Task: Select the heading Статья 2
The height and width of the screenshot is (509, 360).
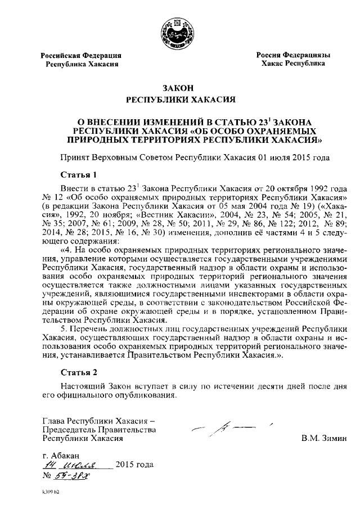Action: pos(79,372)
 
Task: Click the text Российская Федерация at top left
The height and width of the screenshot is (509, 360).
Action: pos(80,55)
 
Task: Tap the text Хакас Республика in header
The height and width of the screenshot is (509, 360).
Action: pos(293,64)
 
